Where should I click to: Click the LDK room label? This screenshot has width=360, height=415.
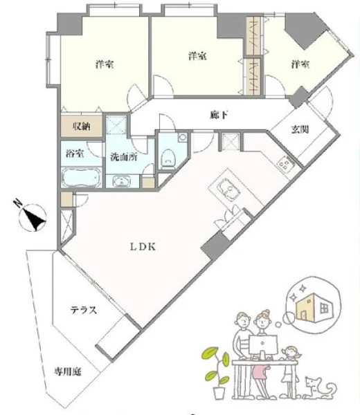143,247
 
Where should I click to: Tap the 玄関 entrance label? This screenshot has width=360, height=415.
300,129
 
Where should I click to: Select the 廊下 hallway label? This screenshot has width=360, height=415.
219,115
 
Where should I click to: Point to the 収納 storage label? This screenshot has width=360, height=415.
82,127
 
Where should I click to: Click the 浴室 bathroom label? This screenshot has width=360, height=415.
75,154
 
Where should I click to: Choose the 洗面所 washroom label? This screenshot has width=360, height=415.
124,157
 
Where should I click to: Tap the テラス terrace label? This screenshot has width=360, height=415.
84,310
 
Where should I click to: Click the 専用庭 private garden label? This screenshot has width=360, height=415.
68,372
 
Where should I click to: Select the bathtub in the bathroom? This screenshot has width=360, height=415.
82,177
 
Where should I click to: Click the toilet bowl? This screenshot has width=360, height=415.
168,158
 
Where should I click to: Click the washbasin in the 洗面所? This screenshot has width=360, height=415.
121,181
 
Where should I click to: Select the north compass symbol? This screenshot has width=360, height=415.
31,216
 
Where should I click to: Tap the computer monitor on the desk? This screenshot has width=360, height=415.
263,345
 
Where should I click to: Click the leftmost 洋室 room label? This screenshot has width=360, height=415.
105,64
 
